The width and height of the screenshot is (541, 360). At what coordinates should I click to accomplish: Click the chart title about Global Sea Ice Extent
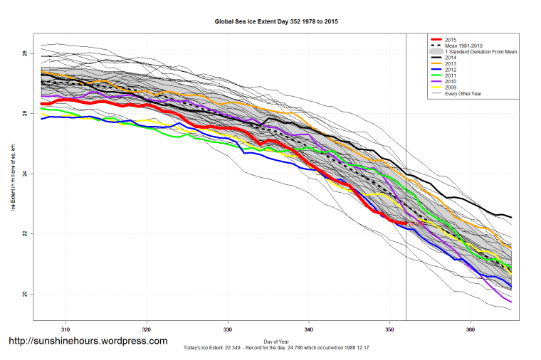click(x=277, y=22)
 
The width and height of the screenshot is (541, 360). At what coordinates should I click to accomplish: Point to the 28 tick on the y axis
click(x=24, y=54)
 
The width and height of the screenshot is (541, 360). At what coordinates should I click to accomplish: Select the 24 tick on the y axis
click(x=24, y=174)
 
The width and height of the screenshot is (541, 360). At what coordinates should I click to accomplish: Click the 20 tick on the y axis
click(x=24, y=294)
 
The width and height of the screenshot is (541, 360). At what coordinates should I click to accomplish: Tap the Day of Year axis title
click(x=276, y=340)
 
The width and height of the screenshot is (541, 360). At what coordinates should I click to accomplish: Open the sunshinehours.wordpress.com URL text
click(x=88, y=341)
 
